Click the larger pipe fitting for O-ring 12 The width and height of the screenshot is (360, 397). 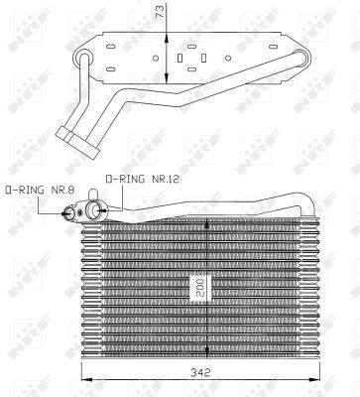click(x=98, y=209)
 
